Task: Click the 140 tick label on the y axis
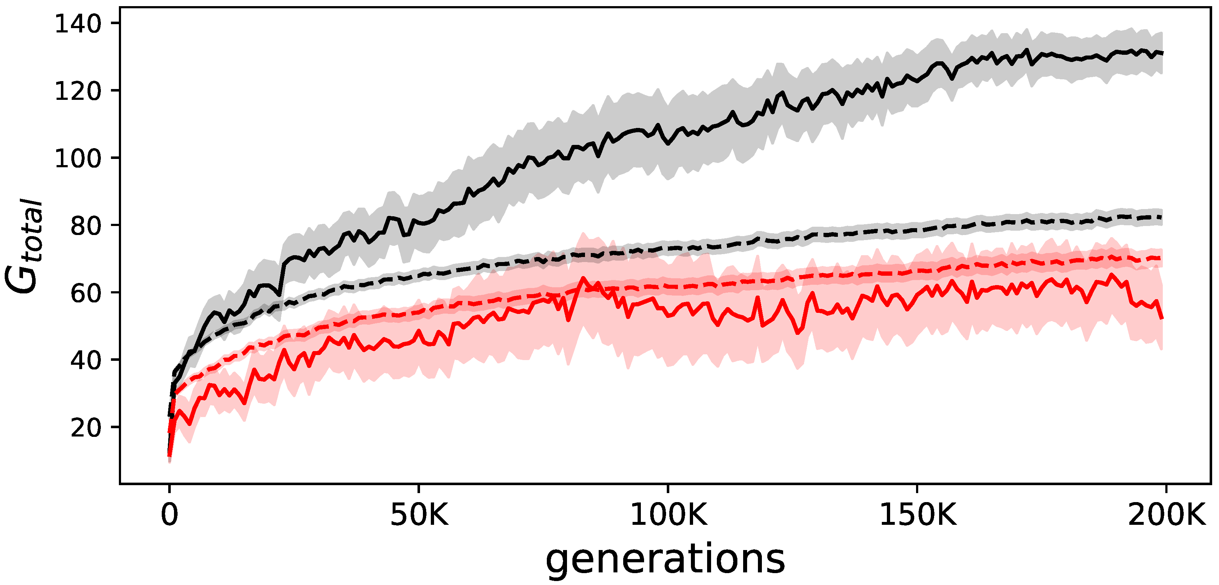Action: point(78,24)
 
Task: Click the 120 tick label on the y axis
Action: point(78,91)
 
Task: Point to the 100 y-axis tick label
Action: point(78,158)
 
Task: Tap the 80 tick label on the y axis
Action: point(86,226)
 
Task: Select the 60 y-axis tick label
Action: point(86,293)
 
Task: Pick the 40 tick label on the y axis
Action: point(86,360)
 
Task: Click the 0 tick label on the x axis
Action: point(169,515)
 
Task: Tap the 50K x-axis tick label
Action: point(419,515)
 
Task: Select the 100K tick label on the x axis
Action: point(668,515)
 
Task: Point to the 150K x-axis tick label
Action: point(917,515)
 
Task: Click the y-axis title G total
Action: point(24,246)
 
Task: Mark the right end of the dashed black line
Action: point(1162,217)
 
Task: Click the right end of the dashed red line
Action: point(1162,258)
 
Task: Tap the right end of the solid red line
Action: point(1162,318)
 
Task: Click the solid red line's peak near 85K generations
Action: point(583,279)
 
